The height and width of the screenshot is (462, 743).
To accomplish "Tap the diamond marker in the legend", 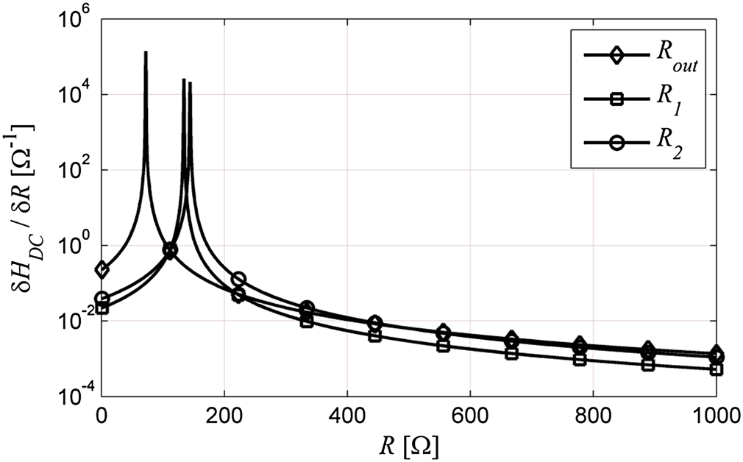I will [x=616, y=56].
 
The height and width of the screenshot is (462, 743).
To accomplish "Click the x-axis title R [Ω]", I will [x=410, y=444].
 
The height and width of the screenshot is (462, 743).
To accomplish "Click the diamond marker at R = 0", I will [x=102, y=270].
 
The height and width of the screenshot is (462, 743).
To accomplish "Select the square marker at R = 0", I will [x=102, y=308].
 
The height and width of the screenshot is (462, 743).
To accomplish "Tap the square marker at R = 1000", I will [x=716, y=369].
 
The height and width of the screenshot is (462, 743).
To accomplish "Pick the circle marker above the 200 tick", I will [x=238, y=280].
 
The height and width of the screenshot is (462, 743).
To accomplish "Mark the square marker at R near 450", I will [x=374, y=335].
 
